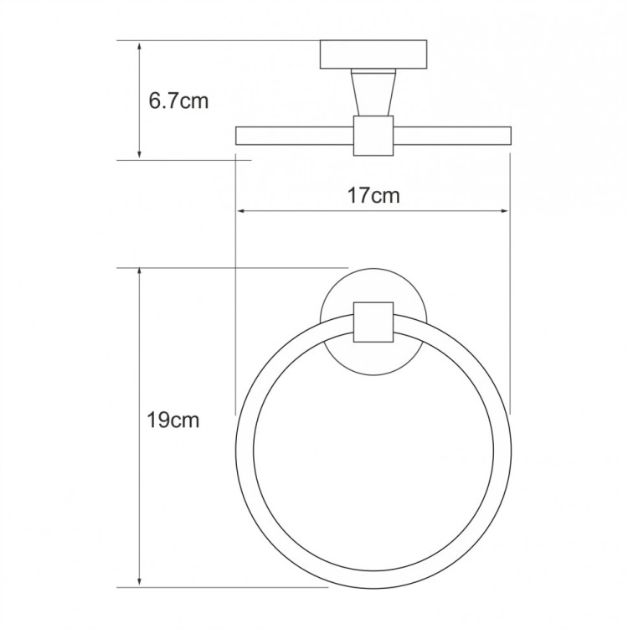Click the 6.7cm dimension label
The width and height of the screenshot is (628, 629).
point(178,102)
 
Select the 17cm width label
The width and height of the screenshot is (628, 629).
point(373,197)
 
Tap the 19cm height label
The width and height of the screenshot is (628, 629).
point(172,420)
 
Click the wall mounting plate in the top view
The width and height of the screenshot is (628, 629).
point(373,55)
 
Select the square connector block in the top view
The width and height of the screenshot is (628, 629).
point(373,137)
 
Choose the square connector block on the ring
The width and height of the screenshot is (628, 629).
point(373,322)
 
